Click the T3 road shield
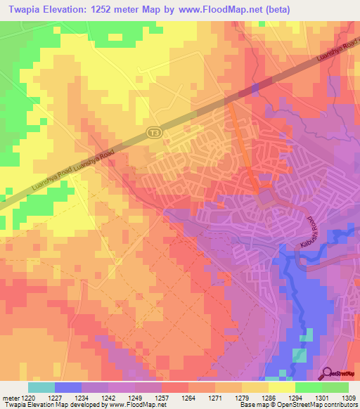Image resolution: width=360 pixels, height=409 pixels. point(153,131)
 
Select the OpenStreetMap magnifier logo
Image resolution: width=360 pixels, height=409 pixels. point(328,372)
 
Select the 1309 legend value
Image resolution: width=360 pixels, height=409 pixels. point(348,398)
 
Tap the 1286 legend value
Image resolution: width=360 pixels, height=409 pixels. point(269,398)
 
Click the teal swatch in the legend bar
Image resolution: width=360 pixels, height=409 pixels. point(41,387)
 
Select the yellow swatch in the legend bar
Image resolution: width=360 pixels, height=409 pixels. point(281,387)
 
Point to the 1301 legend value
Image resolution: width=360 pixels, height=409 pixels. point(322,398)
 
